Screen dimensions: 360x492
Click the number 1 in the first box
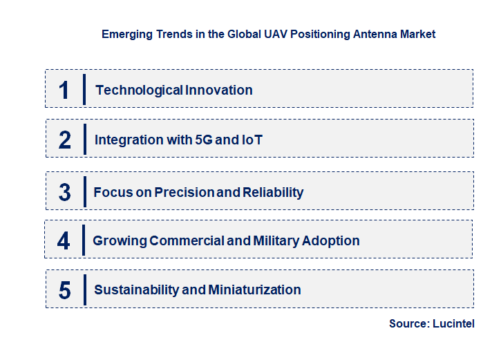(64, 90)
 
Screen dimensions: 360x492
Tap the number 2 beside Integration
(65, 140)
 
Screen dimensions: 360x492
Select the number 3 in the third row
(64, 192)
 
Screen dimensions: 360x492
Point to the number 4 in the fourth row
(64, 241)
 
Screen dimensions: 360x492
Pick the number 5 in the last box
(64, 290)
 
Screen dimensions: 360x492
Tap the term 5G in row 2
(205, 140)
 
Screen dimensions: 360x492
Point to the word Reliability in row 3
(272, 192)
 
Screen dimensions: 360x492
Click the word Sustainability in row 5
(136, 290)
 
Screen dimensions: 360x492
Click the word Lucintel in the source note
(455, 323)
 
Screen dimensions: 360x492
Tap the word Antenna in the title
(366, 33)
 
